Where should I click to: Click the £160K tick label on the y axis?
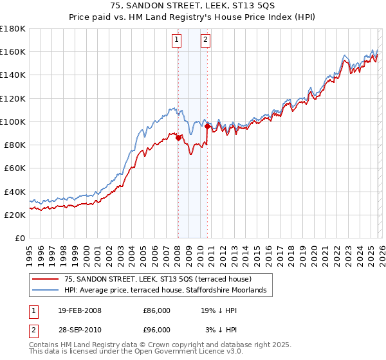pyautogui.click(x=13, y=51)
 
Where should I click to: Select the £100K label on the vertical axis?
pyautogui.click(x=13, y=122)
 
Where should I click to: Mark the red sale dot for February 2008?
pyautogui.click(x=178, y=137)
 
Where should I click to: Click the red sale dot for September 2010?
pyautogui.click(x=207, y=126)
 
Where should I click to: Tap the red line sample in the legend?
pyautogui.click(x=46, y=279)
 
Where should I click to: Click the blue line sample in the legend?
pyautogui.click(x=46, y=291)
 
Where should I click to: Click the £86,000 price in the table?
pyautogui.click(x=156, y=310)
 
